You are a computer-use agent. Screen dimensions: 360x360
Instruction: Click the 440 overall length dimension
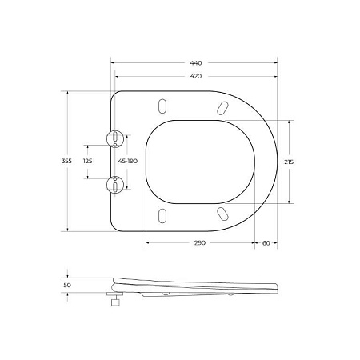tap(196, 62)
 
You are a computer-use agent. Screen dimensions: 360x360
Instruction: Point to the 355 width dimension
tap(67, 161)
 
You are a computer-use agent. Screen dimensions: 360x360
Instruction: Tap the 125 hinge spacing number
tap(88, 161)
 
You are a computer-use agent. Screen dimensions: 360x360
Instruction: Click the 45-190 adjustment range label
tap(129, 161)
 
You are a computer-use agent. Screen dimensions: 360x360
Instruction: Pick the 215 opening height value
tap(289, 161)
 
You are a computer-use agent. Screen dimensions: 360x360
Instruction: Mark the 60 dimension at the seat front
tap(265, 242)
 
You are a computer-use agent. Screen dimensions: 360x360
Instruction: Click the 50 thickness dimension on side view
tap(67, 283)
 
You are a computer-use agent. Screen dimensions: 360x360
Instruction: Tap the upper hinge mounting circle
tap(117, 138)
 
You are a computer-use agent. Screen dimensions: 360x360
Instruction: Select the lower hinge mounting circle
tap(117, 186)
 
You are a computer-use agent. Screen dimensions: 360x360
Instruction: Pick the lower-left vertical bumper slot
tap(164, 214)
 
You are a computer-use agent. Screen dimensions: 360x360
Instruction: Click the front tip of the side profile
tap(278, 286)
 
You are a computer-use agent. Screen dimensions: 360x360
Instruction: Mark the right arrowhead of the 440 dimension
tap(276, 62)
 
